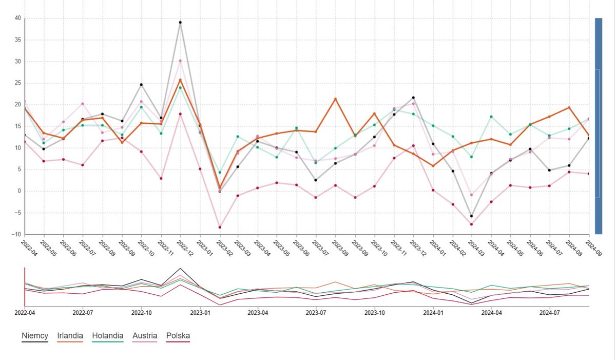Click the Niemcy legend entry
35,336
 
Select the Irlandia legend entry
70,336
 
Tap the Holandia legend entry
108,336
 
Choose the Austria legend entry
145,336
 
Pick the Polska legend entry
178,336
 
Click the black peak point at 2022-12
180,23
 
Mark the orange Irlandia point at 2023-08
335,99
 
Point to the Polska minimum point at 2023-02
220,227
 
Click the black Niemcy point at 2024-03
471,216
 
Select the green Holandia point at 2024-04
491,117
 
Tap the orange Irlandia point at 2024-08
569,108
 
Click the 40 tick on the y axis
17,18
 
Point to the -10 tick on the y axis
16,235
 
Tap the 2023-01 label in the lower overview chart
200,312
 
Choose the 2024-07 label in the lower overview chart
550,312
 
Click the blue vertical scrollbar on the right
598,126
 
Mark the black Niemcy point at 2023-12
413,98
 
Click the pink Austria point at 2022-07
82,104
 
